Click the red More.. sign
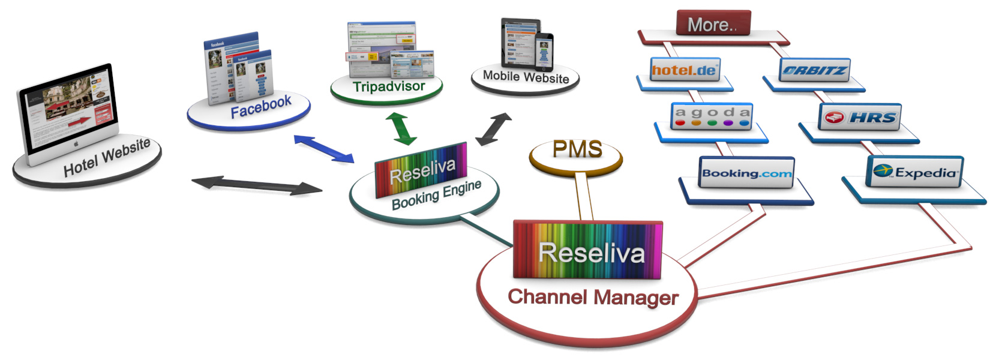click(713, 24)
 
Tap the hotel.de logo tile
click(685, 70)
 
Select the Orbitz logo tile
click(815, 70)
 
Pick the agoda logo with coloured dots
click(712, 116)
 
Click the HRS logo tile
click(860, 117)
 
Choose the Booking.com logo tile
click(746, 173)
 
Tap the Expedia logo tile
click(915, 172)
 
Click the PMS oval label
click(577, 149)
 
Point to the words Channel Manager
click(593, 297)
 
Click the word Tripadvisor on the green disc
click(388, 87)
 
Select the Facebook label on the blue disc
click(260, 106)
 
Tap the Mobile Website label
click(526, 77)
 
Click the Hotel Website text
click(107, 157)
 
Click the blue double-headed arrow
click(323, 149)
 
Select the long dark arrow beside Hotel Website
click(256, 185)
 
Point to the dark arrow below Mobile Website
click(493, 129)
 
